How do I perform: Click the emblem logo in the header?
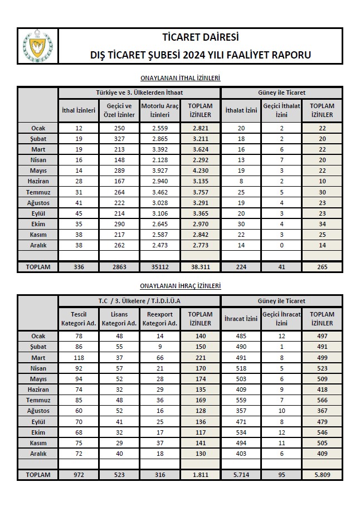37,45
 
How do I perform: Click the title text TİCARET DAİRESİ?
200,38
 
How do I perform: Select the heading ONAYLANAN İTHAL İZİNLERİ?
180,79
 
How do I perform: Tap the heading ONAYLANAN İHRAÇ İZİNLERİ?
180,286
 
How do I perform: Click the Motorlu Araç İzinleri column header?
159,110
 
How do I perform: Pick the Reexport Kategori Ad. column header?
159,319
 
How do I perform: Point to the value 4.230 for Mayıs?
200,171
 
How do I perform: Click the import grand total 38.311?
200,267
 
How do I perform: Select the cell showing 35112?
159,267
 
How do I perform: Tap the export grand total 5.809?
322,475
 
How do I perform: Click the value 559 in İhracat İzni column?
241,400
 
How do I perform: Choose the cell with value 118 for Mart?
79,358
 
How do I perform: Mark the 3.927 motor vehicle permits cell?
159,171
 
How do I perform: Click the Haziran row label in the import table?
38,182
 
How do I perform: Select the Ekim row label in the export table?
38,432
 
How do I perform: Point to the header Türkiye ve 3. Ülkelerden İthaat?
139,93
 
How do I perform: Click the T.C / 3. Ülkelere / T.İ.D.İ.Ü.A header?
139,301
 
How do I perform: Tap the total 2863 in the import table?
119,267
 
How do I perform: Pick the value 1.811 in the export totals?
200,475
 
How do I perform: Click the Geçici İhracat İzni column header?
281,319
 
